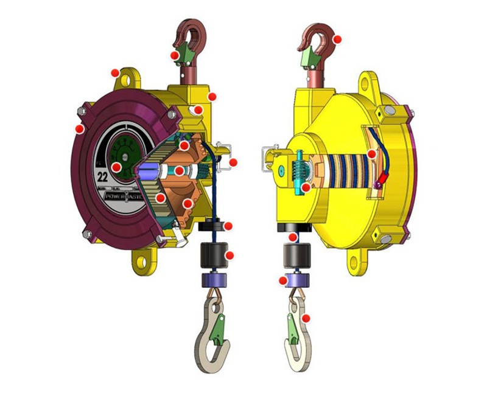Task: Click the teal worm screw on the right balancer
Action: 298,173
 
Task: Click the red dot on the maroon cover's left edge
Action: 79,129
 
